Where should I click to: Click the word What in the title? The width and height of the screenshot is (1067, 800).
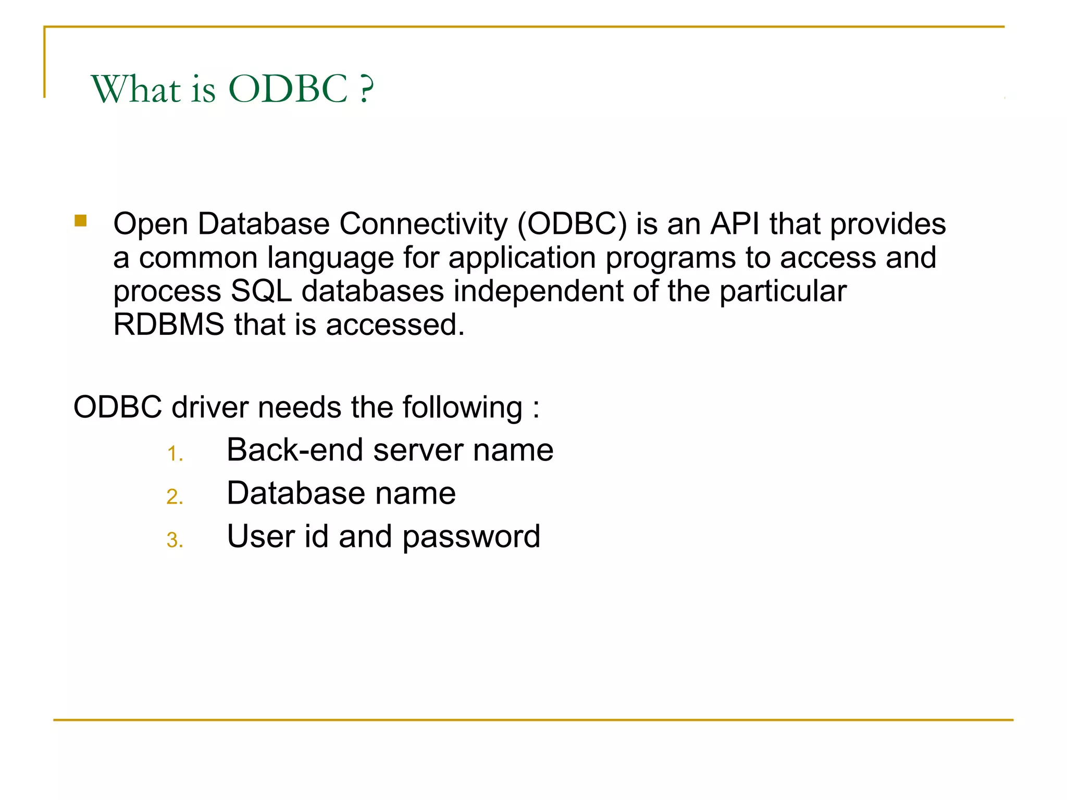tap(136, 89)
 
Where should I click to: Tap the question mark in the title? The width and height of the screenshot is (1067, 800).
tap(366, 89)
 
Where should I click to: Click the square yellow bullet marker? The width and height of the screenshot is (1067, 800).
tap(80, 221)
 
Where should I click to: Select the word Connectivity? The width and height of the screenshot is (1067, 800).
tap(423, 224)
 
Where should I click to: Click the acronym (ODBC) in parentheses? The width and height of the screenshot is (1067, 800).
tap(572, 224)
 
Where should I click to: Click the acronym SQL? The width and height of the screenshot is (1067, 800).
tap(261, 291)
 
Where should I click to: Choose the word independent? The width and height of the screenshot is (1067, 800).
tap(538, 291)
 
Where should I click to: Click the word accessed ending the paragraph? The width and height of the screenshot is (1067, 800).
tap(394, 325)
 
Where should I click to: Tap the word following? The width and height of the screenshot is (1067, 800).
tap(462, 407)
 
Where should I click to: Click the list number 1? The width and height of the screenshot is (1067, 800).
tap(174, 454)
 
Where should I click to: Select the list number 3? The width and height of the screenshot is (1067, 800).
tap(174, 540)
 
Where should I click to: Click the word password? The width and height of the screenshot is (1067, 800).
tap(471, 537)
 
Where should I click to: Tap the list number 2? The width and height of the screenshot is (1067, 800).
tap(174, 497)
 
